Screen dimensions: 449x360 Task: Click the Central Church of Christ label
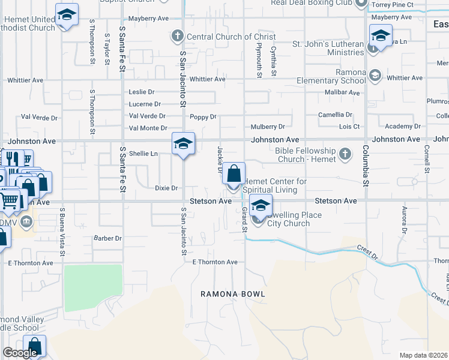click(x=223, y=37)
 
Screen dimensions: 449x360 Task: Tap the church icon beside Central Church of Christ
click(x=177, y=37)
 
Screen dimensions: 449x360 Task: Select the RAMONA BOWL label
click(x=233, y=294)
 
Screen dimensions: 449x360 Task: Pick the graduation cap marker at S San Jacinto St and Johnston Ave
click(x=184, y=144)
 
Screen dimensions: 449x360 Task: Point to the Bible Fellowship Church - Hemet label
click(x=306, y=154)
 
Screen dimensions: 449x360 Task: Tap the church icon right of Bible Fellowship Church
click(x=345, y=154)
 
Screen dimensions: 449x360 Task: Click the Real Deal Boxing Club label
click(x=311, y=3)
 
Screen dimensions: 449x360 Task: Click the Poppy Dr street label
click(x=203, y=117)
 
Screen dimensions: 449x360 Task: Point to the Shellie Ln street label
click(x=143, y=154)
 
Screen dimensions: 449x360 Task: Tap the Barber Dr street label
click(x=108, y=238)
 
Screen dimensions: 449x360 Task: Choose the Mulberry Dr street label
click(x=268, y=127)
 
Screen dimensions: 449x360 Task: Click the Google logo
click(x=20, y=353)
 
